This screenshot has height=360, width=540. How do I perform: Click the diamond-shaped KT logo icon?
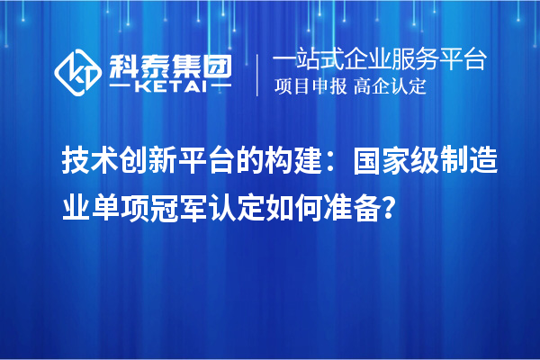tap(78, 72)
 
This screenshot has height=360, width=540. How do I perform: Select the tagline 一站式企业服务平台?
tap(379, 60)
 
